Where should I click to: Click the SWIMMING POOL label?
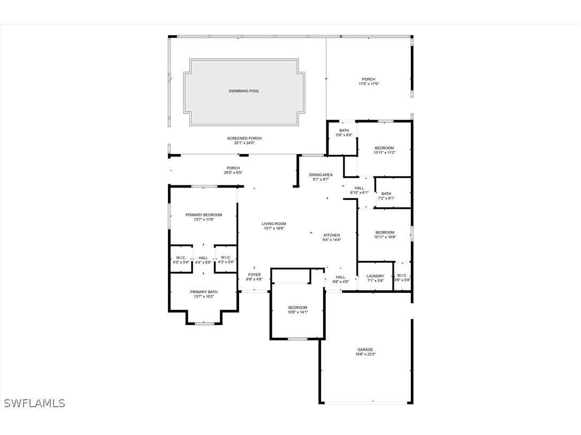coord(243,91)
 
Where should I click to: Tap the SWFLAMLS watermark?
coord(34,403)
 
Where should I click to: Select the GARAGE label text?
coord(365,350)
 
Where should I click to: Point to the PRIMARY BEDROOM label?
coord(204,215)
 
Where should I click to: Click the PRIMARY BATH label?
coord(204,292)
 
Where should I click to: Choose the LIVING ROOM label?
coord(274,224)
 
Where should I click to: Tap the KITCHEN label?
coord(332,235)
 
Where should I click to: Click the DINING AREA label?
coord(321,175)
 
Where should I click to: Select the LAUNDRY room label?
coord(376,276)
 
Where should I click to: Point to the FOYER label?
coord(254,275)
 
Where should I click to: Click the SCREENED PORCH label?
coord(244,138)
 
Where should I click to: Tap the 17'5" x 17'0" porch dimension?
coord(369,84)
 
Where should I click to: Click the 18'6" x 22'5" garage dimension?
coord(365,354)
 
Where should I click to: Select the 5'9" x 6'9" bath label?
coord(344,135)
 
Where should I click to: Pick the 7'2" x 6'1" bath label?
coord(386,198)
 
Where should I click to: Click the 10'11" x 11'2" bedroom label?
coord(384,152)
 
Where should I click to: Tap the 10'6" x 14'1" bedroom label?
coord(298,312)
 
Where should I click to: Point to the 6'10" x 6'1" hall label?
coord(359,192)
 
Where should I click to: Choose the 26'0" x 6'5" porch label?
coord(233,173)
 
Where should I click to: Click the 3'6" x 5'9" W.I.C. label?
coord(402,280)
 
